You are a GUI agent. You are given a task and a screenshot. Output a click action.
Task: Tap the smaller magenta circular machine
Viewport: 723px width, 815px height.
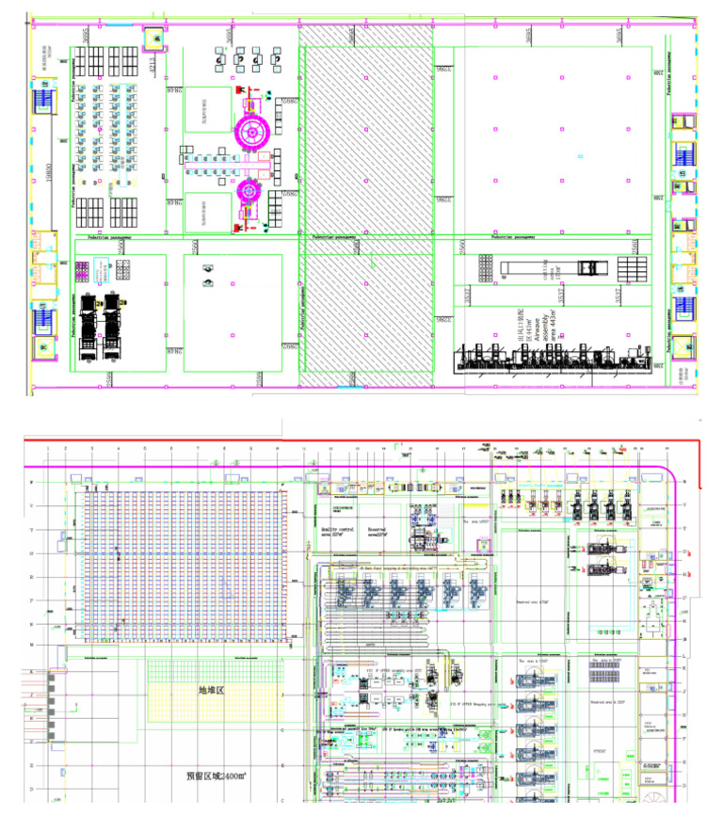(250, 190)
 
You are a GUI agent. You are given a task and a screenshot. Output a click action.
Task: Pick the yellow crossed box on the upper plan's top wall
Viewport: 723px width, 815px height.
(152, 39)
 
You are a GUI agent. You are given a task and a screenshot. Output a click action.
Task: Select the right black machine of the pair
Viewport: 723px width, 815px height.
(117, 326)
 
